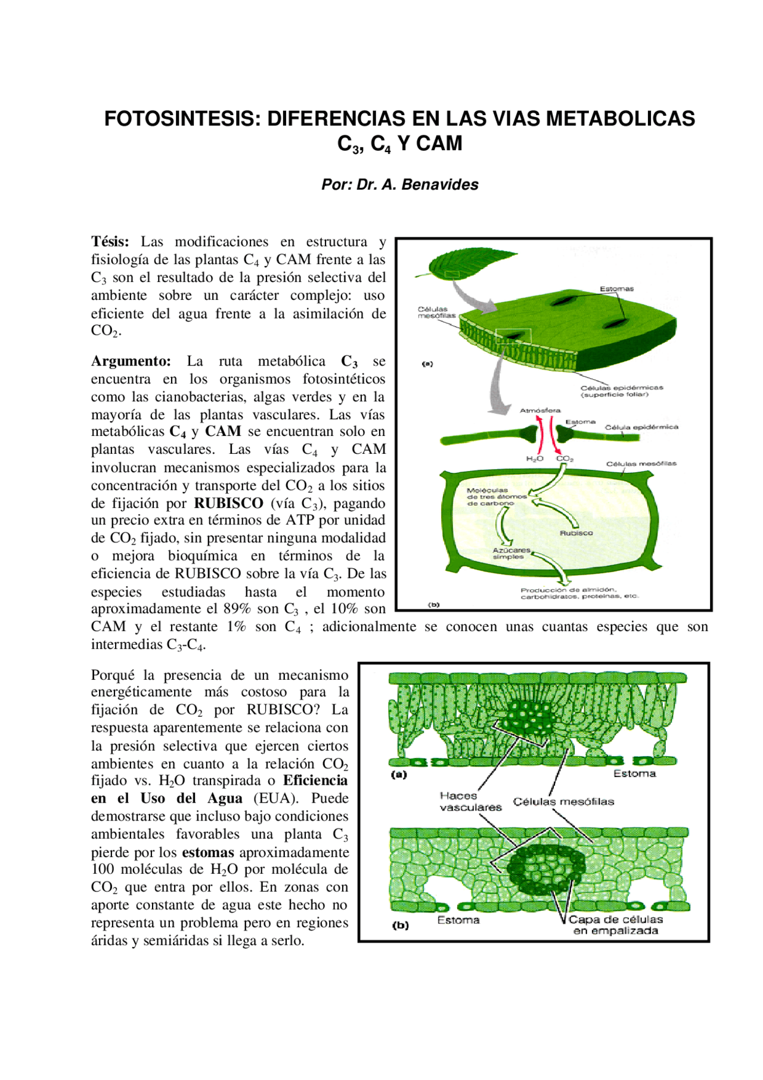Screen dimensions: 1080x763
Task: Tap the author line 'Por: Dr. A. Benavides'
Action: pyautogui.click(x=399, y=185)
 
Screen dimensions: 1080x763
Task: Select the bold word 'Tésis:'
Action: pyautogui.click(x=110, y=242)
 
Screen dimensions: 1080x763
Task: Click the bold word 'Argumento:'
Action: pyautogui.click(x=131, y=361)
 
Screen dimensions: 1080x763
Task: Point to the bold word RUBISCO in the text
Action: pyautogui.click(x=228, y=503)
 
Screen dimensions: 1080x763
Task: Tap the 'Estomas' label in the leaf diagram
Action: pyautogui.click(x=616, y=289)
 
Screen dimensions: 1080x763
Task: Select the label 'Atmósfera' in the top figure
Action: pyautogui.click(x=540, y=410)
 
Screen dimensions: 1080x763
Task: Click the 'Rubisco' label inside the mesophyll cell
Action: pyautogui.click(x=576, y=533)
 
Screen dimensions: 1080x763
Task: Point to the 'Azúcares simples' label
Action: pyautogui.click(x=511, y=553)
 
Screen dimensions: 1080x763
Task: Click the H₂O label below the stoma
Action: pyautogui.click(x=534, y=459)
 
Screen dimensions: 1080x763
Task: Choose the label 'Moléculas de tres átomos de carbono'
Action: pyautogui.click(x=496, y=497)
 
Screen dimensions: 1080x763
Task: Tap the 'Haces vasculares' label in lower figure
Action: pyautogui.click(x=470, y=802)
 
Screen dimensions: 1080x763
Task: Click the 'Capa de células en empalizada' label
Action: pyautogui.click(x=616, y=925)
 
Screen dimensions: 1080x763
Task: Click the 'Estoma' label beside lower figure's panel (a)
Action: pyautogui.click(x=634, y=773)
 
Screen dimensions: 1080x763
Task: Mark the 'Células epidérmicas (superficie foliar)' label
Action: pyautogui.click(x=621, y=391)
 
